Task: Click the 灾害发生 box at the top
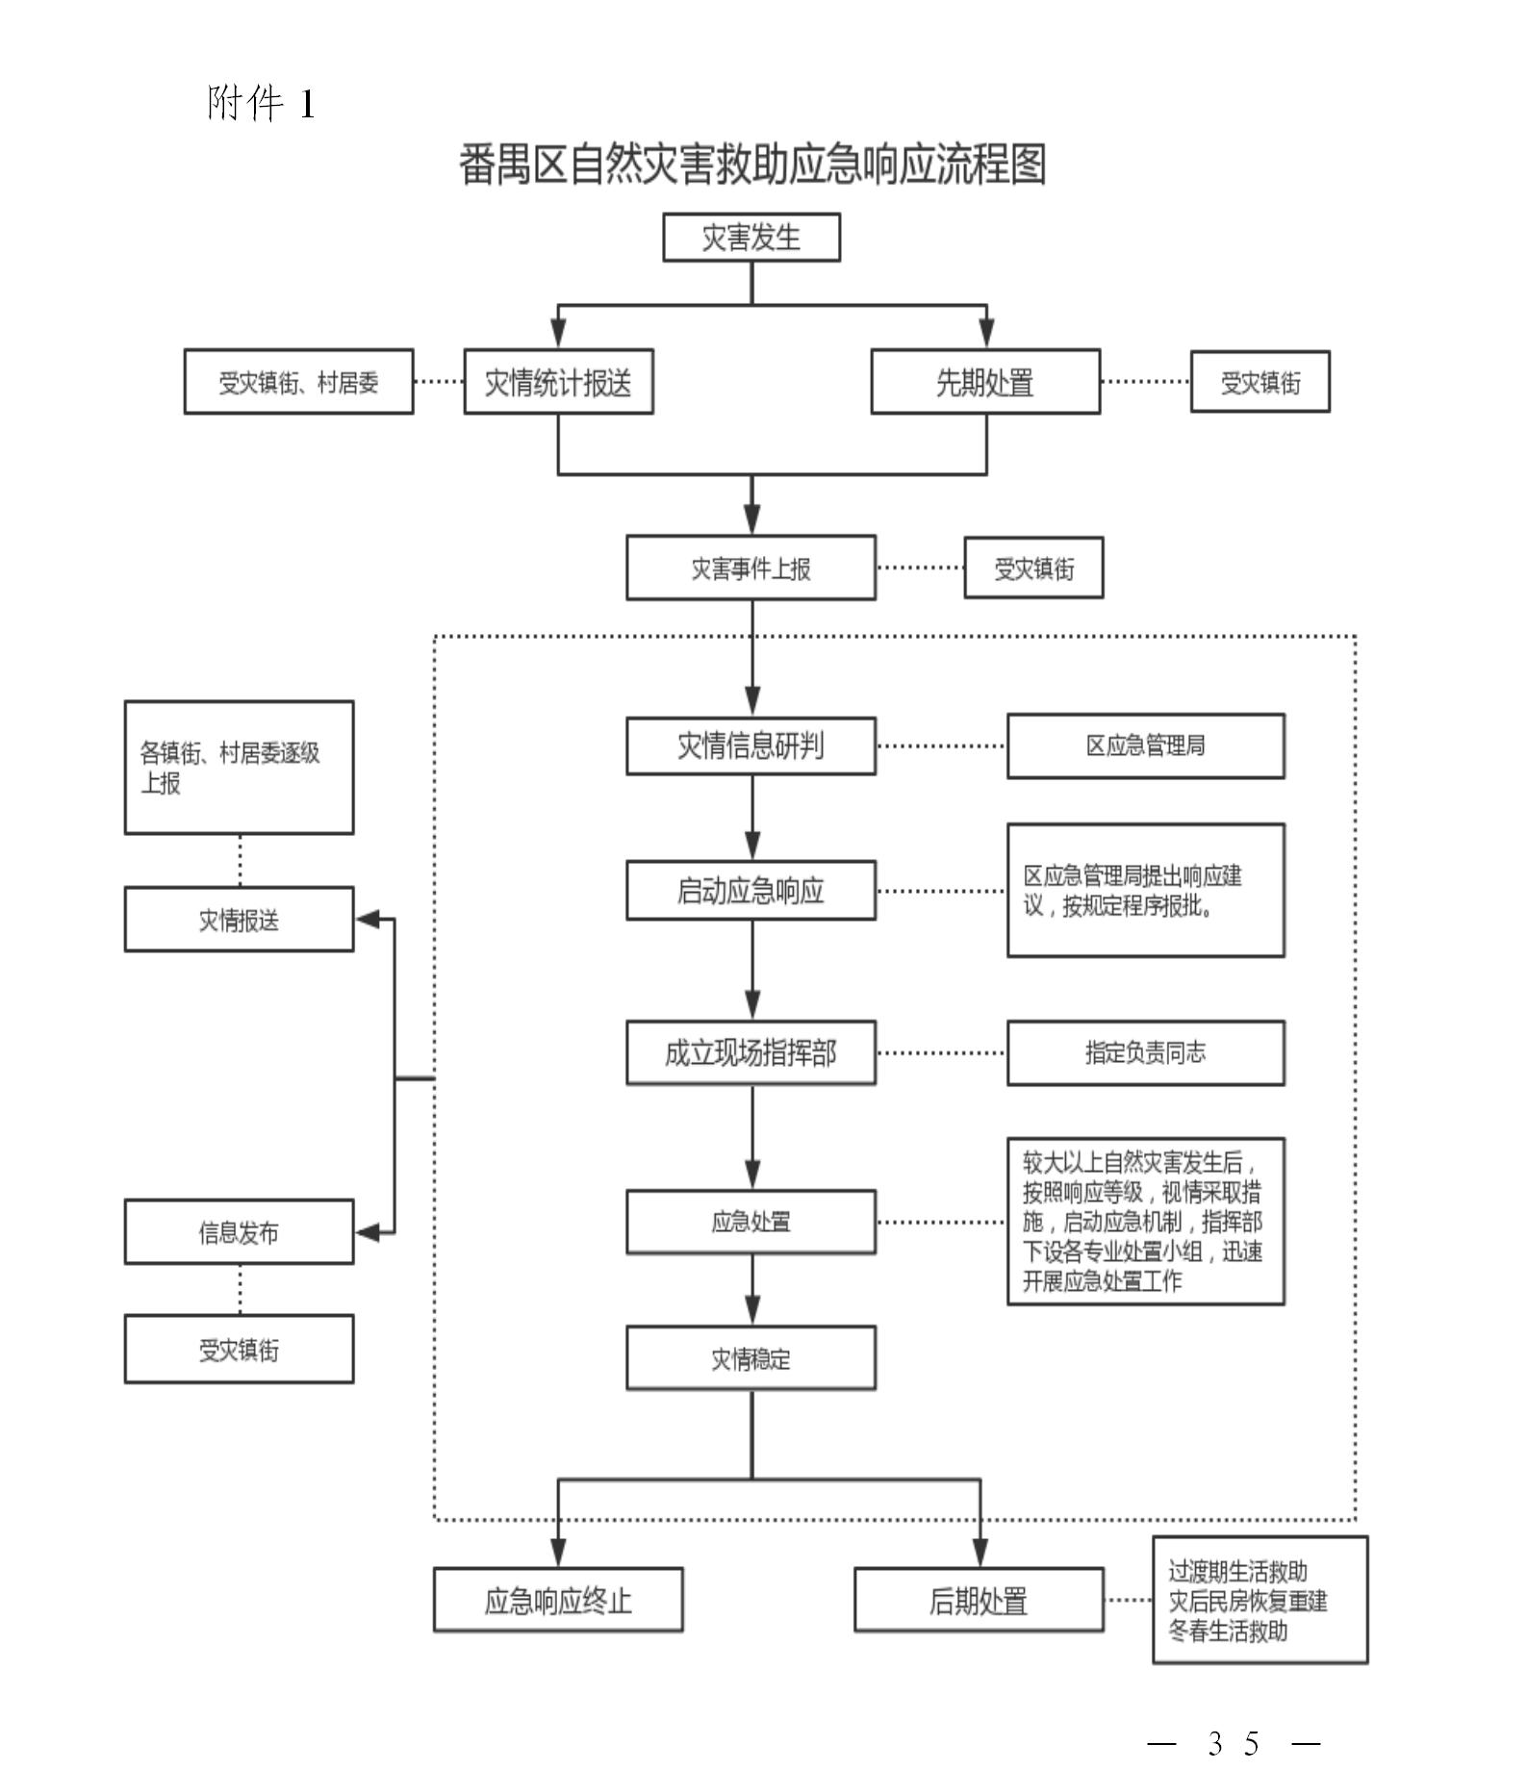[751, 238]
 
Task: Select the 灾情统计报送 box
[558, 382]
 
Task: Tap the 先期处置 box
[984, 382]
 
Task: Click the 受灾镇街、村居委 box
[298, 382]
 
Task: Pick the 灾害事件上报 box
[751, 568]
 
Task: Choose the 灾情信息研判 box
[751, 746]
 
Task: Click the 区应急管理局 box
[1145, 746]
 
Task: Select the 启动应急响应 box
[751, 891]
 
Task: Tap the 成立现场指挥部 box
[751, 1052]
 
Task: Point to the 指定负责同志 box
[1145, 1052]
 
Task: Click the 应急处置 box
[751, 1222]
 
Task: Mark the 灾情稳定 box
[751, 1358]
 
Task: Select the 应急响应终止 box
[558, 1601]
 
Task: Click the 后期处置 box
[979, 1601]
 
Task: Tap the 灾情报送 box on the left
[239, 920]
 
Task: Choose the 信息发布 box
[239, 1231]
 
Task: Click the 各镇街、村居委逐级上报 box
[239, 768]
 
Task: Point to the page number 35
[1234, 1743]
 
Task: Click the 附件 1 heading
[261, 103]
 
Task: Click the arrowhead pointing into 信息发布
[369, 1232]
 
